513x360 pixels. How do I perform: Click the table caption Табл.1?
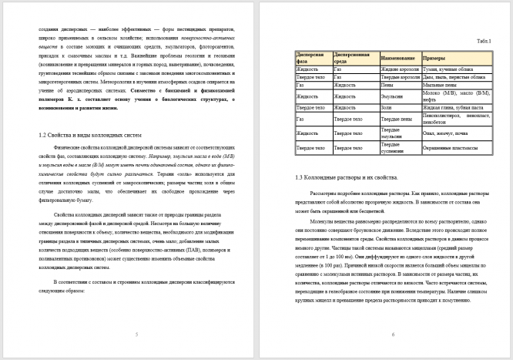coord(484,40)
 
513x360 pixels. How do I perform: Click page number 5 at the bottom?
coord(136,335)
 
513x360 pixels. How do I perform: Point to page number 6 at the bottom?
coord(393,335)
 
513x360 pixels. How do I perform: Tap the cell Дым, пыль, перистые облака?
coord(454,77)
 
